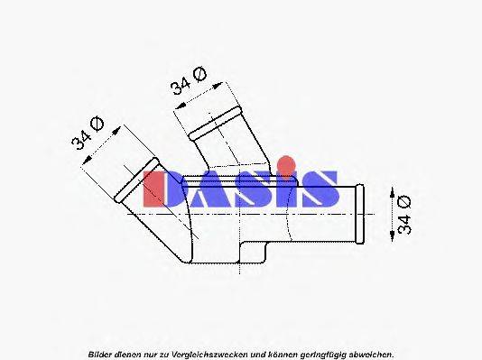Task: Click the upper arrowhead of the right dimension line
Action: [x=390, y=192]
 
